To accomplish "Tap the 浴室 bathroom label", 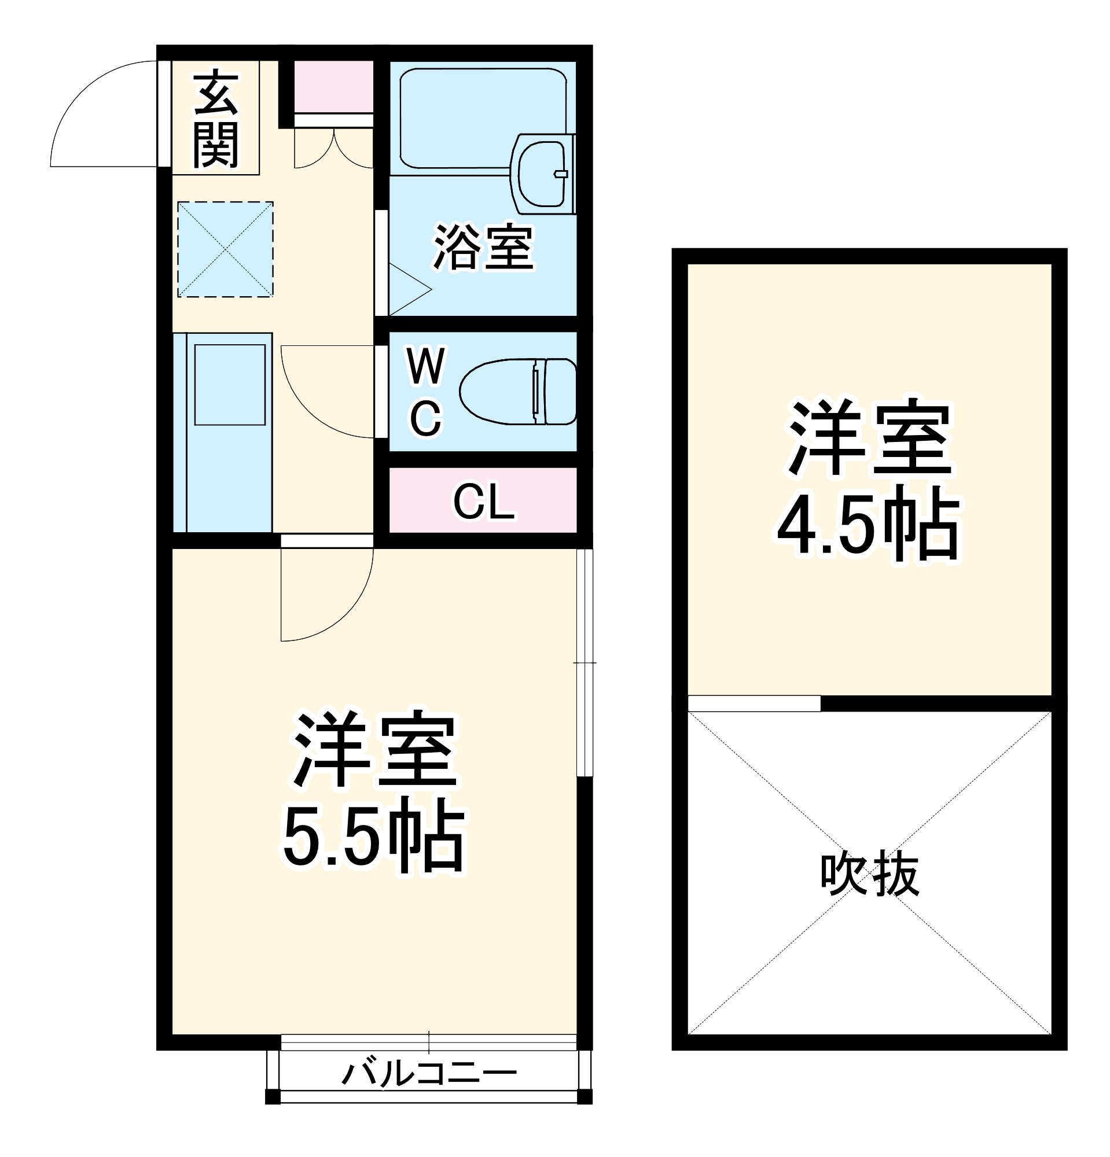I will click(x=483, y=248).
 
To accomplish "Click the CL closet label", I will click(x=483, y=502).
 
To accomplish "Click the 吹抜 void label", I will click(x=869, y=874).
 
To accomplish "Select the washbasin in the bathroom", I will click(x=542, y=174).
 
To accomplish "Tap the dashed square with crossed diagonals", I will click(x=225, y=249).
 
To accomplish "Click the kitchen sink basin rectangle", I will click(x=230, y=385).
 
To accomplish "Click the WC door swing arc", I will click(x=313, y=407).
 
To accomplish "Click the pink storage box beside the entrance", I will click(x=333, y=86).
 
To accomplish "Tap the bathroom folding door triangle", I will click(x=407, y=289).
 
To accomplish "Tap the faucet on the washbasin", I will click(x=560, y=174).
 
